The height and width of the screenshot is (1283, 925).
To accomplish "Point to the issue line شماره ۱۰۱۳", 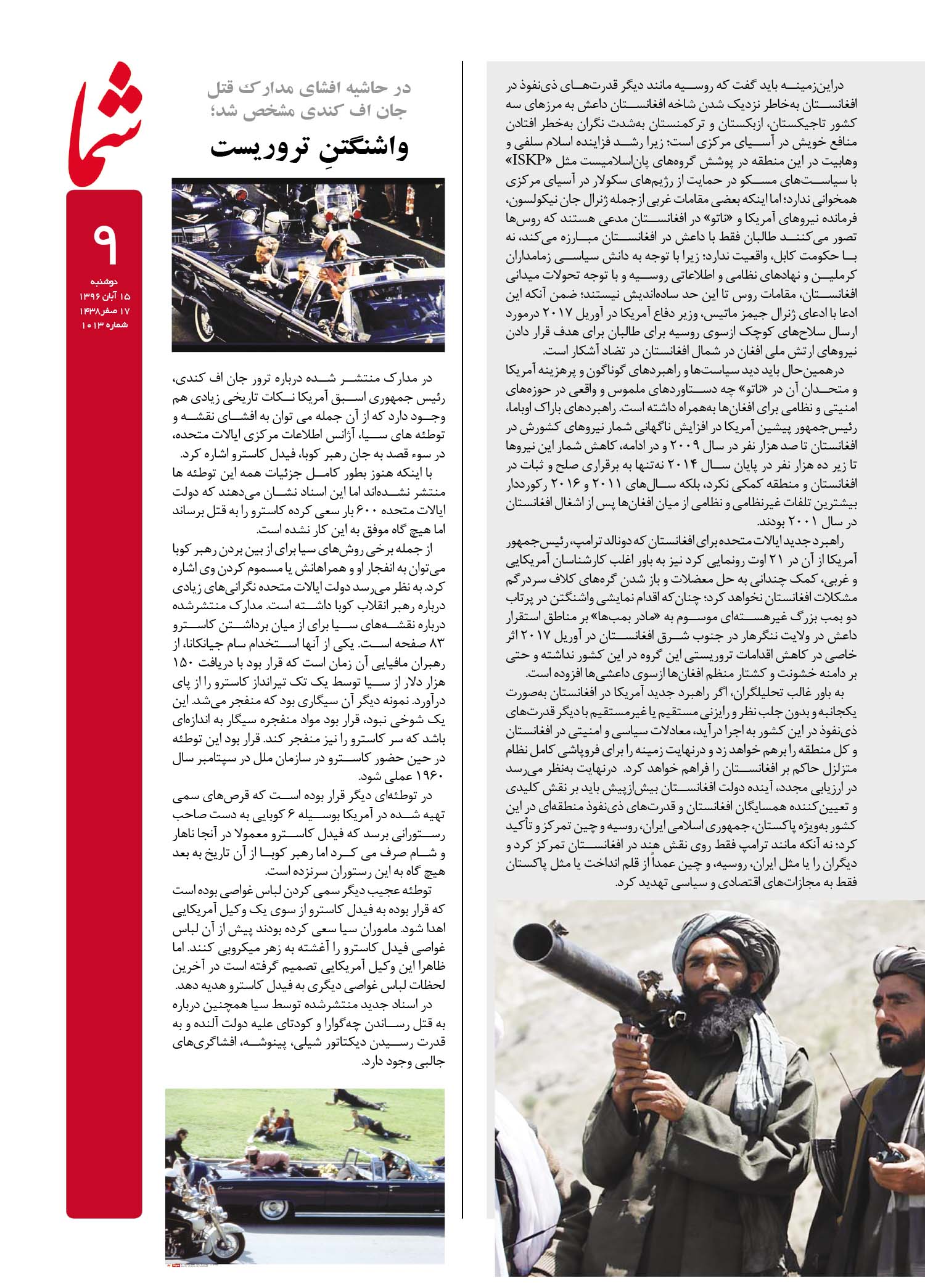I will [104, 325].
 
